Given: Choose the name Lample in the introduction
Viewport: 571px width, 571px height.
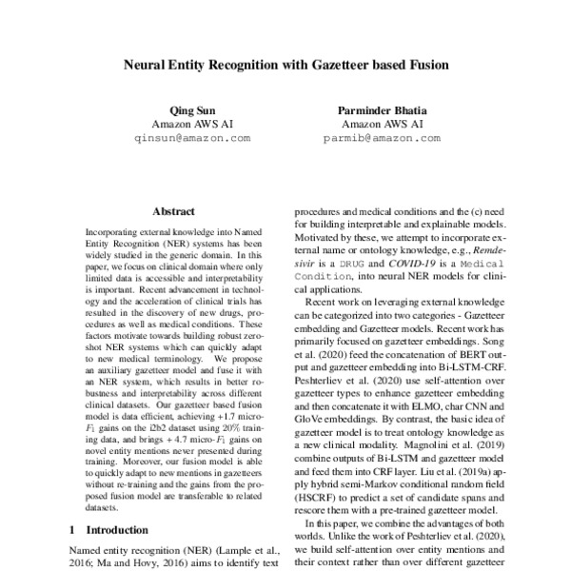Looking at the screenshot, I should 245,550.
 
